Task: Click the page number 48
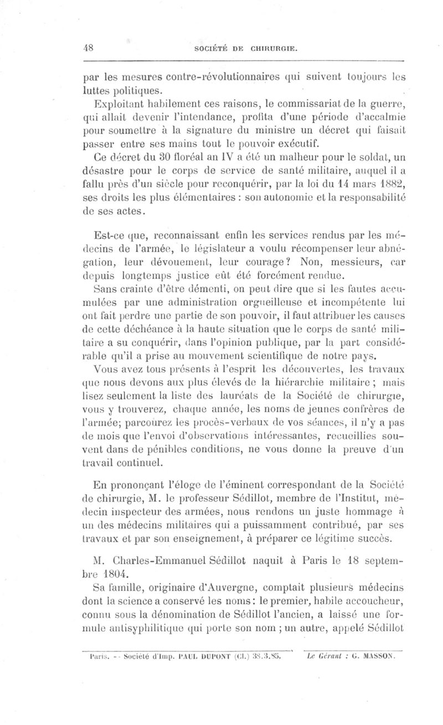pyautogui.click(x=87, y=48)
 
